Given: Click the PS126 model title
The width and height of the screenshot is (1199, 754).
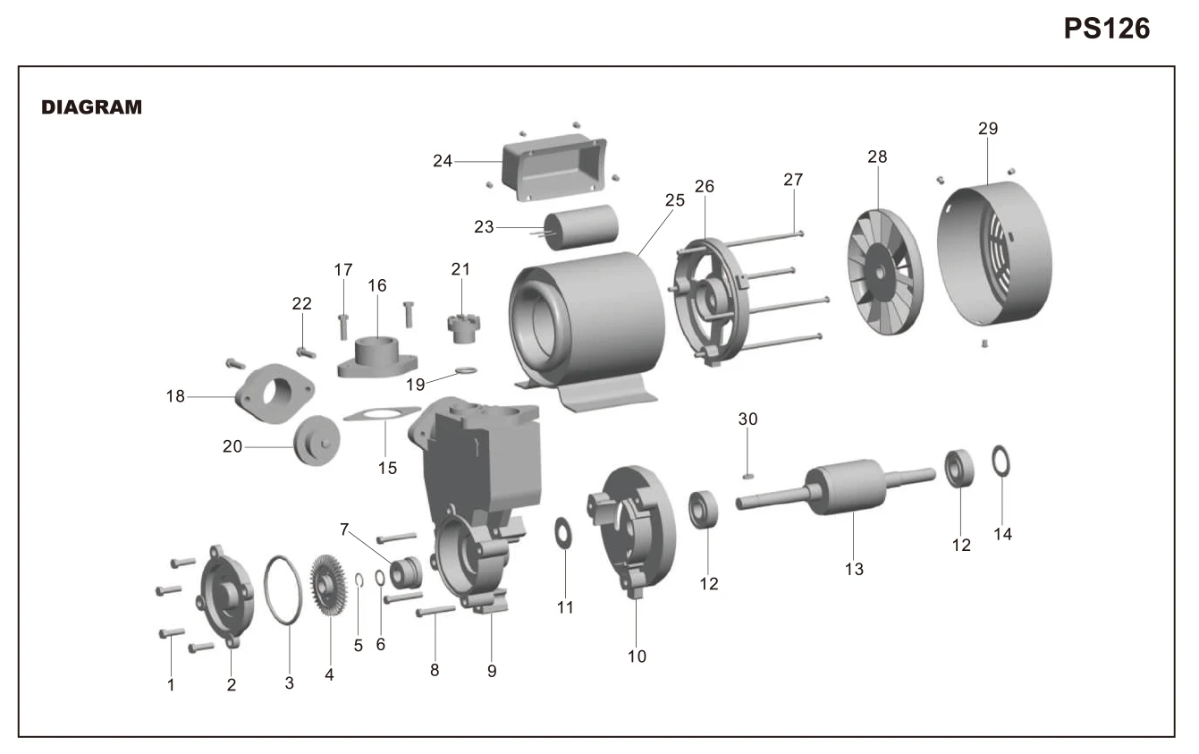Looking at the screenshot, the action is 1106,29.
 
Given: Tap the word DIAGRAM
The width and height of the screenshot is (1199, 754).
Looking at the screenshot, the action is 91,107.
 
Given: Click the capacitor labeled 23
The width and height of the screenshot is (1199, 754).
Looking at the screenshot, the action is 581,227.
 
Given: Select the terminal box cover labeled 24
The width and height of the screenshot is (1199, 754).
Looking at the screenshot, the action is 554,167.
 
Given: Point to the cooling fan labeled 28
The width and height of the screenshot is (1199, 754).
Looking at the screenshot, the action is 885,272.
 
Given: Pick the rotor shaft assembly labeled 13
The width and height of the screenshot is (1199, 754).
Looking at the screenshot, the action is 836,487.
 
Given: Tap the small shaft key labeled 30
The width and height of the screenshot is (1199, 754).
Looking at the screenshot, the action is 748,476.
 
